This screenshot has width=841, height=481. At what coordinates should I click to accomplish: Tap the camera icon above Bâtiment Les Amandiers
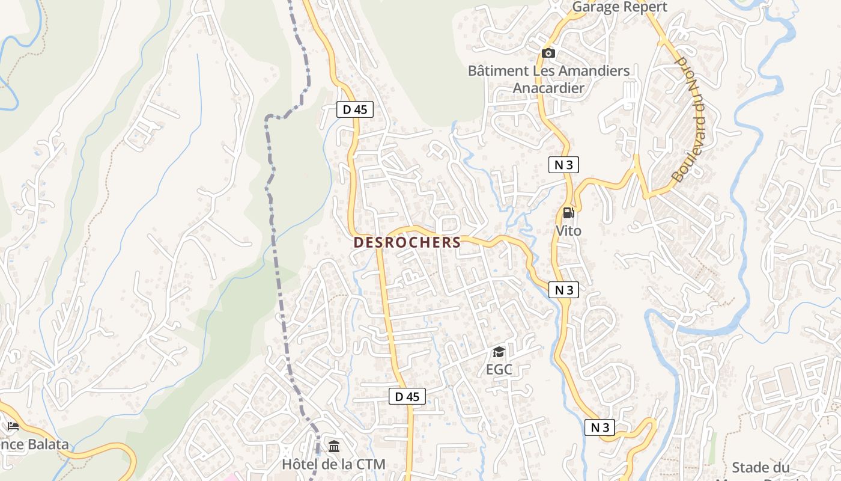[548, 53]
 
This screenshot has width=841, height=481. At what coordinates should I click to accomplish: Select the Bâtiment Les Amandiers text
[548, 70]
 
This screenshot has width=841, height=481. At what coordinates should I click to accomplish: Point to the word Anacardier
[548, 88]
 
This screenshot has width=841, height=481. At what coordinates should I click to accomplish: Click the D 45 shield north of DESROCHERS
[354, 109]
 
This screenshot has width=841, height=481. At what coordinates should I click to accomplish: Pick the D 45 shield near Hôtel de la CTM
[407, 396]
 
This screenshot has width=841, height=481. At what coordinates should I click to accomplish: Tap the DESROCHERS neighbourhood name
[407, 242]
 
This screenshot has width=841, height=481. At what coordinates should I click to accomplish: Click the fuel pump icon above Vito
[568, 213]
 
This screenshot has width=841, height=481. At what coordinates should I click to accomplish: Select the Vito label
[568, 230]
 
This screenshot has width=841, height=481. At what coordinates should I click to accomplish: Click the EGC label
[499, 369]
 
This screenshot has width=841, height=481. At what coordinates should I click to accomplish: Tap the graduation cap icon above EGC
[499, 352]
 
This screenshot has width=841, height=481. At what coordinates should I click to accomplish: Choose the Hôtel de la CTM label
[333, 464]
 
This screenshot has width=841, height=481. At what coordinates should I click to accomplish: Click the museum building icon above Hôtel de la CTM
[334, 447]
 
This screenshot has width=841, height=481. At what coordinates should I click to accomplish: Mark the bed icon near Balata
[13, 426]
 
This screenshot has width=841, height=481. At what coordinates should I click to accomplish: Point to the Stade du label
[760, 467]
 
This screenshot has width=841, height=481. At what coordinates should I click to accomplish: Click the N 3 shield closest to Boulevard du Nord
[563, 165]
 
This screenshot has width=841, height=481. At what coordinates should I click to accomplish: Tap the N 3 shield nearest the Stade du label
[600, 427]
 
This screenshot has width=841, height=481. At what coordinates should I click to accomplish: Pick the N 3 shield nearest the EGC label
[563, 290]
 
